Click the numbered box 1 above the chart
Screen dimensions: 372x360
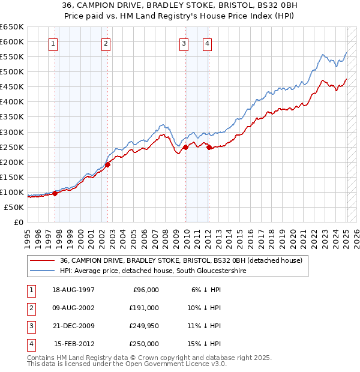pyautogui.click(x=53, y=43)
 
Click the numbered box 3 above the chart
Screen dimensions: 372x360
pyautogui.click(x=183, y=43)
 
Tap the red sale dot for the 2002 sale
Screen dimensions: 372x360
pyautogui.click(x=107, y=164)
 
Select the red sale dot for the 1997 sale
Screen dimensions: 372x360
pyautogui.click(x=55, y=193)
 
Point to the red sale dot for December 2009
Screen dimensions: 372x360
pyautogui.click(x=186, y=146)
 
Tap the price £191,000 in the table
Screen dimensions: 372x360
pyautogui.click(x=144, y=308)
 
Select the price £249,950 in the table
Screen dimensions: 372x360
pyautogui.click(x=144, y=326)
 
